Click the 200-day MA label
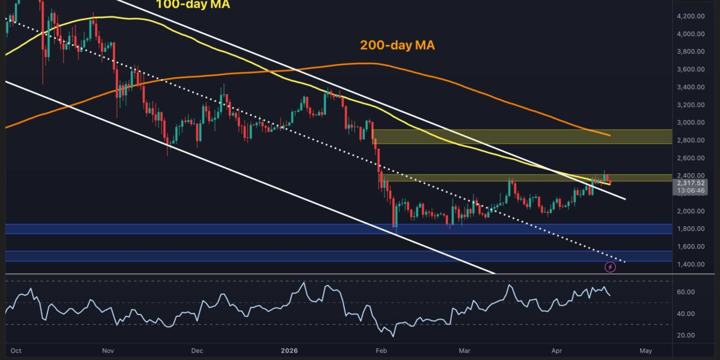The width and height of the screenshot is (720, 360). [397, 45]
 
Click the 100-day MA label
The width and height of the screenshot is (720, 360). [193, 5]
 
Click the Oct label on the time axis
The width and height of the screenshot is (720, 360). [16, 351]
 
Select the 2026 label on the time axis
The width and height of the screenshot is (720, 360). [290, 351]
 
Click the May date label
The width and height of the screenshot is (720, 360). [645, 351]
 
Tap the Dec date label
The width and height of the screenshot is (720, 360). [197, 351]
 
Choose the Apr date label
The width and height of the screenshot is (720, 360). [556, 351]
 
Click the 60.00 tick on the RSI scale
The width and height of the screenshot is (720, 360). [687, 292]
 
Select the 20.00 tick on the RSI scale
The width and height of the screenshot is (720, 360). [687, 335]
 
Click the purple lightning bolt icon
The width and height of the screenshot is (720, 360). [610, 268]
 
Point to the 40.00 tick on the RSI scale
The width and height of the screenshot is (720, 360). [687, 313]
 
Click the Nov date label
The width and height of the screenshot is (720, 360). [108, 351]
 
